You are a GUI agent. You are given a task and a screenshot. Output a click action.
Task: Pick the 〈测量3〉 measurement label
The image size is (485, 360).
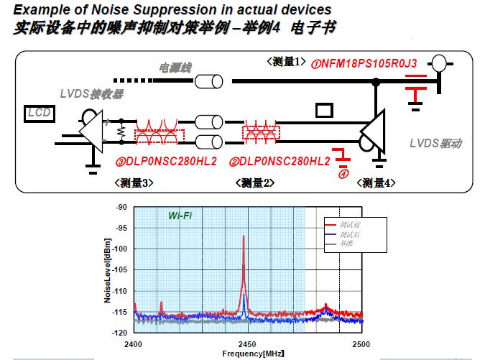click(134, 183)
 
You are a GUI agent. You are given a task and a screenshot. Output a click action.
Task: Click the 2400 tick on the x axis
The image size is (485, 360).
click(135, 343)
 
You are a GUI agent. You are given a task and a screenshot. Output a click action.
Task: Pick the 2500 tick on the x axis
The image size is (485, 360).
click(361, 343)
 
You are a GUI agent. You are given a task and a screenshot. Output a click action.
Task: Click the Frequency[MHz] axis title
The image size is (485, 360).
click(244, 354)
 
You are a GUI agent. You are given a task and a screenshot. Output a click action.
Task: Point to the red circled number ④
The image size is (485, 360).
click(343, 172)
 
